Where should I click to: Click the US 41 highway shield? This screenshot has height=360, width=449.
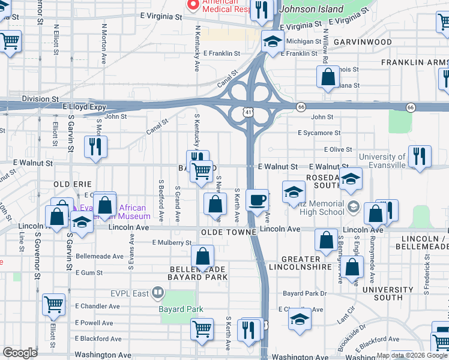click(x=248, y=111)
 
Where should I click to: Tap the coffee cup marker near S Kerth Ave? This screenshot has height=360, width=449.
click(x=257, y=200)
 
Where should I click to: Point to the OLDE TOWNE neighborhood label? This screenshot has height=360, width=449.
click(x=229, y=232)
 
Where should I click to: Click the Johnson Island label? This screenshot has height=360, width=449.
click(x=312, y=9)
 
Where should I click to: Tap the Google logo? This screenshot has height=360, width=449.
click(x=20, y=352)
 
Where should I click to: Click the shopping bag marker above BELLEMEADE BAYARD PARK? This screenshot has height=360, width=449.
click(x=203, y=256)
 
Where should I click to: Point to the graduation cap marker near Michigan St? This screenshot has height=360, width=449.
click(x=273, y=43)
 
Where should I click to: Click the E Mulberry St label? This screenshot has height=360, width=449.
click(x=172, y=242)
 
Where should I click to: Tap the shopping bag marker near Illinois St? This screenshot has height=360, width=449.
click(x=328, y=77)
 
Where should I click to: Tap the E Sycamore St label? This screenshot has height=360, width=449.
click(x=319, y=133)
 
